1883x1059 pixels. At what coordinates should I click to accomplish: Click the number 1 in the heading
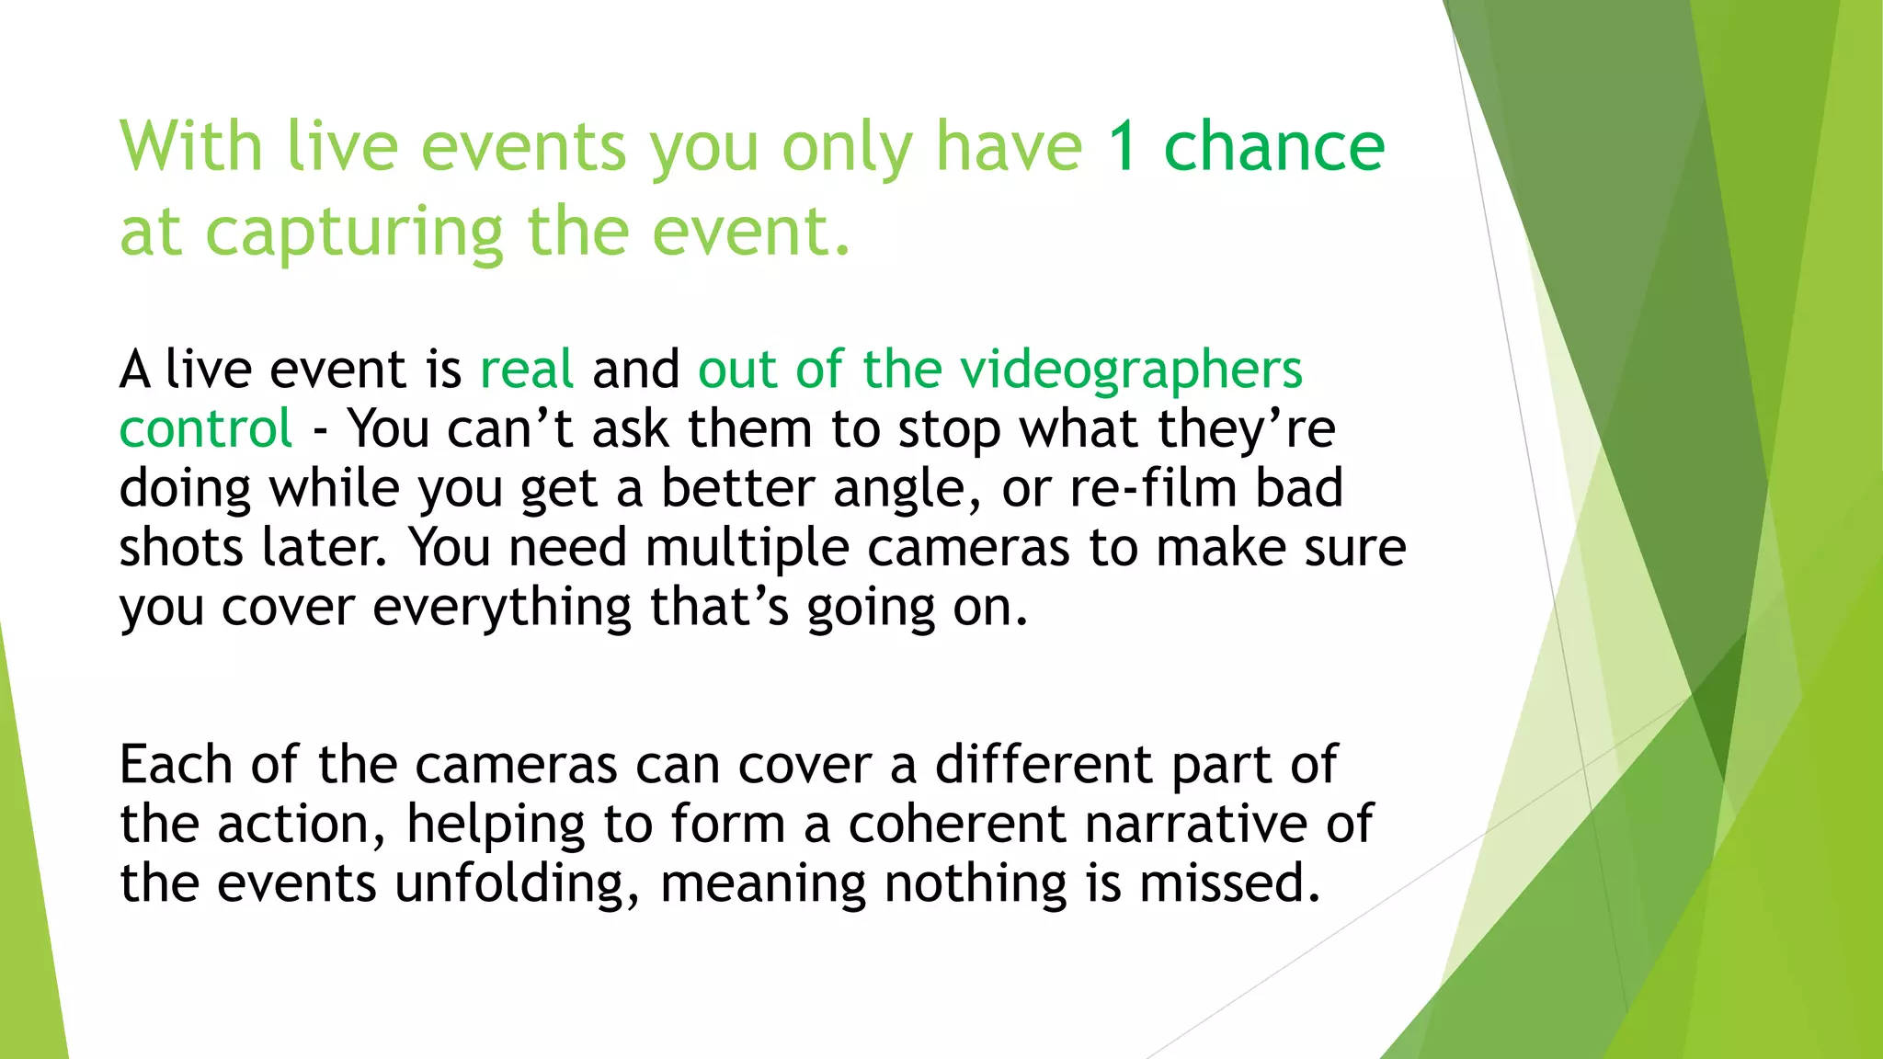point(1123,147)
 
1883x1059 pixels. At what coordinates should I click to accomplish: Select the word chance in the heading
point(1273,147)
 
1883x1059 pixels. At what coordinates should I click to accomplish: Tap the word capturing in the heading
point(354,233)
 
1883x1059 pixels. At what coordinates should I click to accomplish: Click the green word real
point(527,370)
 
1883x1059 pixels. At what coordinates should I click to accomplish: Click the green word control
point(206,429)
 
